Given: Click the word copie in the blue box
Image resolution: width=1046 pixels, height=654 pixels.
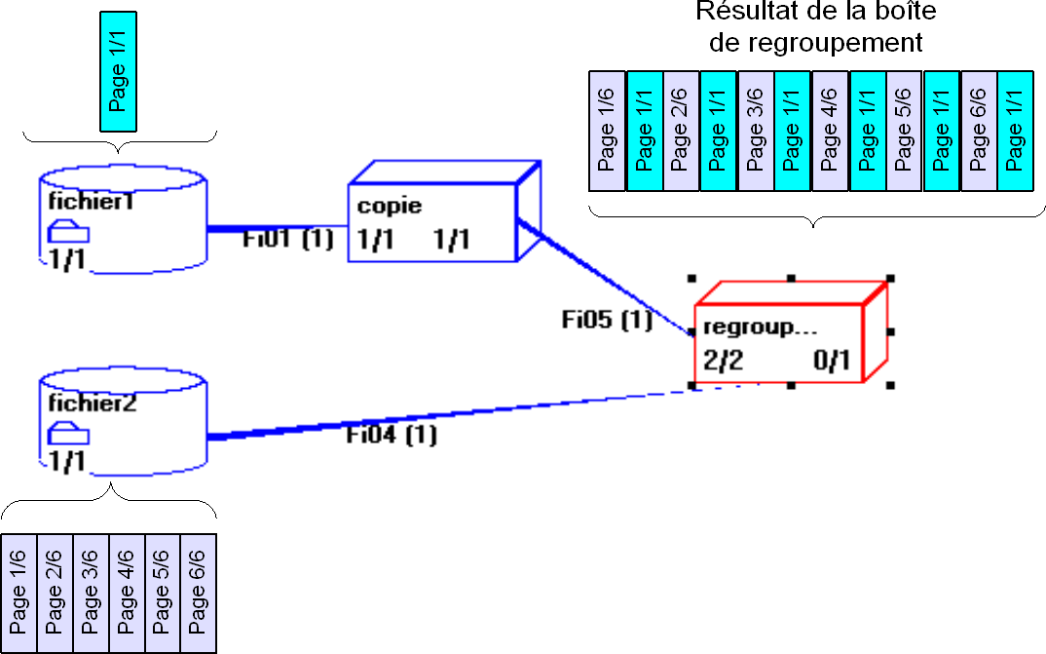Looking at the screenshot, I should pyautogui.click(x=390, y=206).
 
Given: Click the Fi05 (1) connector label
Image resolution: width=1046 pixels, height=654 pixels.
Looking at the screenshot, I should pyautogui.click(x=607, y=319).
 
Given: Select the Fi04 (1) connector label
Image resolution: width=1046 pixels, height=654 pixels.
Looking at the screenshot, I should pyautogui.click(x=392, y=435).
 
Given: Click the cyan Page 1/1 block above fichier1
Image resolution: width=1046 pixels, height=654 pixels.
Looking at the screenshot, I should pyautogui.click(x=119, y=72).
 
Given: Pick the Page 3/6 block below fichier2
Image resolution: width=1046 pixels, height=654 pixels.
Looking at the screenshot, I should pyautogui.click(x=91, y=593).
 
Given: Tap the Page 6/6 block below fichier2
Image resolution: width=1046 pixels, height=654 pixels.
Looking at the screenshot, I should pyautogui.click(x=198, y=593).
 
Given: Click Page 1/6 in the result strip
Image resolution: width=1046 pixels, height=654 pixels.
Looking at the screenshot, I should pyautogui.click(x=608, y=130).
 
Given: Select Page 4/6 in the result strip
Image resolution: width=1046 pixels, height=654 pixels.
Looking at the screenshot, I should pyautogui.click(x=830, y=130).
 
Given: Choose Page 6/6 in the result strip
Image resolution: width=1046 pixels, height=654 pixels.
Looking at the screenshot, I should pyautogui.click(x=979, y=130).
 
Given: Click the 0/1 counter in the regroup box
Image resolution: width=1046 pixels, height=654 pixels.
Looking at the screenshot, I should pyautogui.click(x=833, y=362).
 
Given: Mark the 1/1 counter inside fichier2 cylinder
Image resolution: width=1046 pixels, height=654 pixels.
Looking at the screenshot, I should pyautogui.click(x=67, y=461).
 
